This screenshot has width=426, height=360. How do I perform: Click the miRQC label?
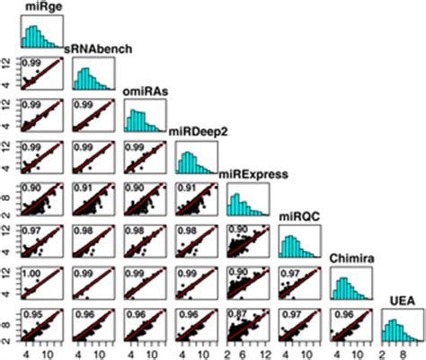[x=295, y=215]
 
